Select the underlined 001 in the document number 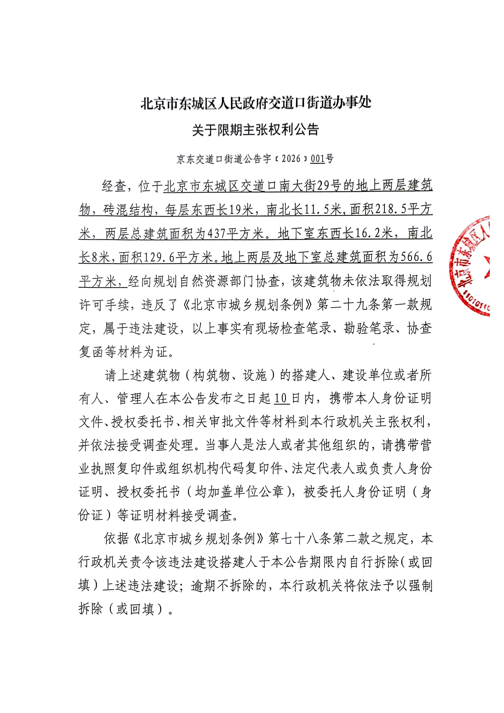click(317, 159)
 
